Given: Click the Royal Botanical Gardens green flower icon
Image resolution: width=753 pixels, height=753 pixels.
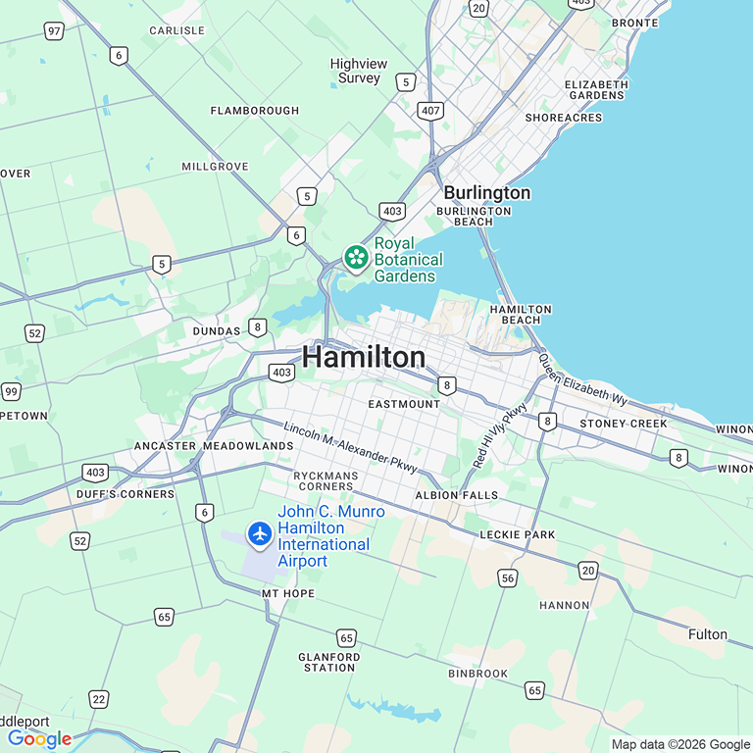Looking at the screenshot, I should [x=356, y=257].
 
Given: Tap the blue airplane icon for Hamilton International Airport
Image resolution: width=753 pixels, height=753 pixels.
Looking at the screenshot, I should [x=260, y=534].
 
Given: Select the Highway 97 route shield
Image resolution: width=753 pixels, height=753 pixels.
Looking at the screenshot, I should [x=54, y=31].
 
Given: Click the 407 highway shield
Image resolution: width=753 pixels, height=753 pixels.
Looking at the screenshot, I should [x=430, y=111].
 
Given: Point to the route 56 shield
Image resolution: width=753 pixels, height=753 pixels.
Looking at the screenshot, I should [x=507, y=577].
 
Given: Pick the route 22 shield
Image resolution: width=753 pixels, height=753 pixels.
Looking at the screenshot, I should [x=98, y=698].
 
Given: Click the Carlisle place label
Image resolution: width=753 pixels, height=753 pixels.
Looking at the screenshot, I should [x=176, y=30].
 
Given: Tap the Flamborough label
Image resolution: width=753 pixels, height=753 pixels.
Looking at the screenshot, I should [x=255, y=111].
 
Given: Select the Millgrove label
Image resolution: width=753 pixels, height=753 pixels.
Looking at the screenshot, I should [x=215, y=167].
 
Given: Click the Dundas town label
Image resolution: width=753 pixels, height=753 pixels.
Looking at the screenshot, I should [x=216, y=331].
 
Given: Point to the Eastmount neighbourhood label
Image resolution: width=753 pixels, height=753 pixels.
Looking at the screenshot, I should [x=405, y=404].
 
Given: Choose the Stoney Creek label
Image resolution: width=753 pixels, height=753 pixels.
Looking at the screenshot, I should [x=624, y=424].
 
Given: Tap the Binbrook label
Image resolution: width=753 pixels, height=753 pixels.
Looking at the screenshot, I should [x=478, y=674].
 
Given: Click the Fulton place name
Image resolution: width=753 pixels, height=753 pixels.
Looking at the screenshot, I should [x=708, y=634].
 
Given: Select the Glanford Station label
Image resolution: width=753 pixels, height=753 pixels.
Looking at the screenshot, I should [x=328, y=662].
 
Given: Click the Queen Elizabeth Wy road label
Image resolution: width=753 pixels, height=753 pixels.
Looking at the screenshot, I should [x=581, y=380].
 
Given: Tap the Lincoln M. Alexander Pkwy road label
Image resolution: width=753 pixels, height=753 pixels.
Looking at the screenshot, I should [x=351, y=449].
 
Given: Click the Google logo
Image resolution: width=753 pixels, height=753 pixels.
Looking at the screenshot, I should [x=39, y=738].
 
